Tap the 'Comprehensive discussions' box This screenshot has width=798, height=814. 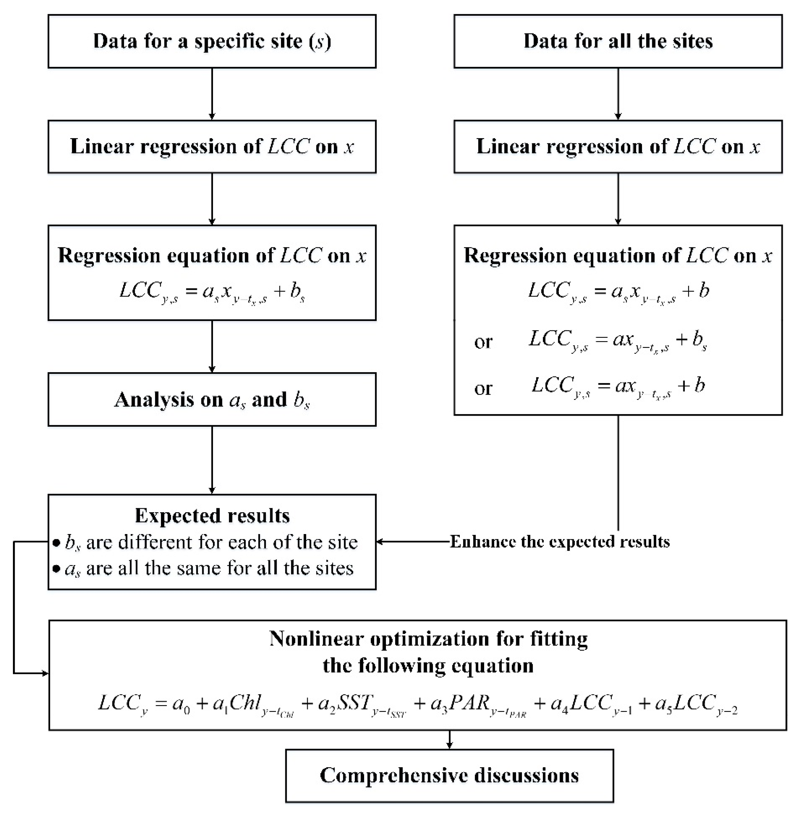(x=449, y=776)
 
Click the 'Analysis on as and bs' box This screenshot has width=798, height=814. (x=212, y=400)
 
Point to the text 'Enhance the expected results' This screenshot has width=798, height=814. (x=559, y=542)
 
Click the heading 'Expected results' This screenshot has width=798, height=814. (x=212, y=516)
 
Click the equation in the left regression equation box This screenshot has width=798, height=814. (x=212, y=291)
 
